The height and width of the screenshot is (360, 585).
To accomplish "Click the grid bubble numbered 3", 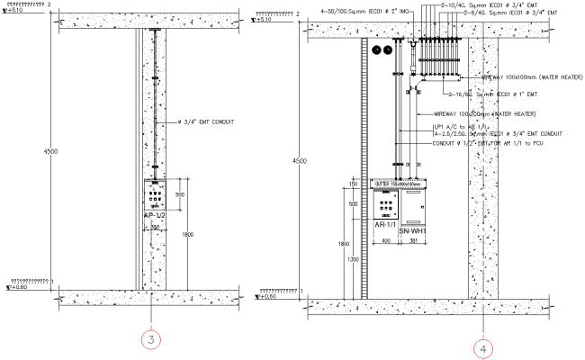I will (x=152, y=339).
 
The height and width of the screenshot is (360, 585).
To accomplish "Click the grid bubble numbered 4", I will (x=483, y=346).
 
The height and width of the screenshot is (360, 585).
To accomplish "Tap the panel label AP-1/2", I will (x=156, y=217).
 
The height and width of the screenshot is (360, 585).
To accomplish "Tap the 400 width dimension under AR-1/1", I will (x=385, y=241).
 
